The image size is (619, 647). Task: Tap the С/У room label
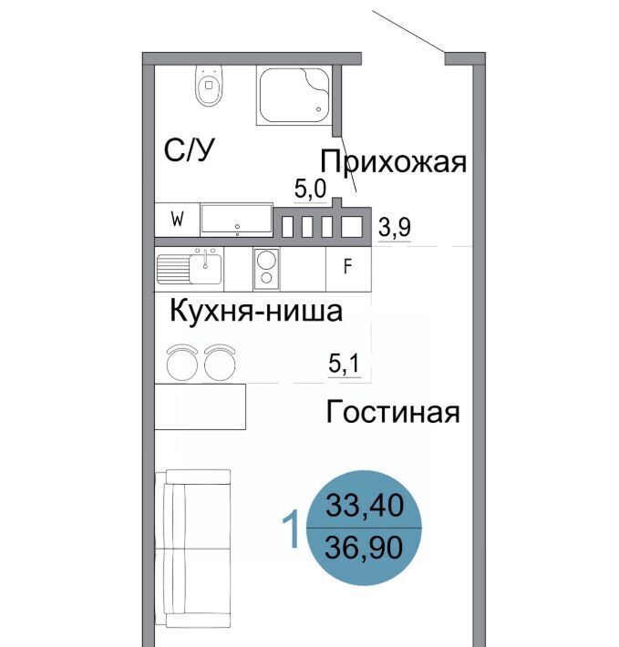pos(190,150)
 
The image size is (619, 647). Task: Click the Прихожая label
pos(393,161)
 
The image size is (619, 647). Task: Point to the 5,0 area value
pos(310,189)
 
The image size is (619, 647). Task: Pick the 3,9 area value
pos(395,227)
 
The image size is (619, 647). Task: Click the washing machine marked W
pos(178,220)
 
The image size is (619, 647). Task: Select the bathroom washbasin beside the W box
pos(237,220)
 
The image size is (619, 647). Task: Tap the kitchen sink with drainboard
pos(190,268)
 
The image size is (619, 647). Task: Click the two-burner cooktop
pos(266,269)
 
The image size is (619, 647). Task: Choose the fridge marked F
pos(348,269)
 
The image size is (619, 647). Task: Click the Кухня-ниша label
pos(256,311)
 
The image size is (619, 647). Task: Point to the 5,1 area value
pos(345,364)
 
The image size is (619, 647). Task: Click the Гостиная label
pos(392,412)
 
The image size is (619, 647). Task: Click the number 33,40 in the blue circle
pos(365,506)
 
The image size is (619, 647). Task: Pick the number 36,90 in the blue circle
pos(364,548)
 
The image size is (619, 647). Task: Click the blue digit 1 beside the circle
pos(292,529)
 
